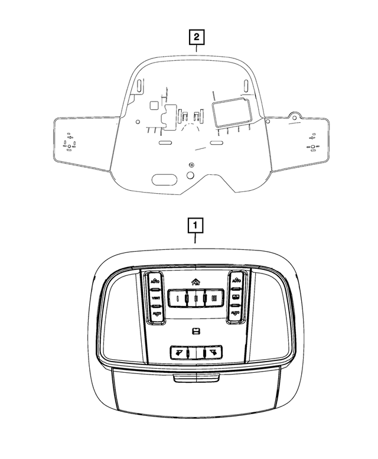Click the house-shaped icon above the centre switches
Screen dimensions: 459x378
pos(195,282)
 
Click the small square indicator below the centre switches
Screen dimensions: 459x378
pos(195,330)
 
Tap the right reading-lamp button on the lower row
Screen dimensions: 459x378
pos(211,353)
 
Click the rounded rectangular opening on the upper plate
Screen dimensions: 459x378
pos(231,112)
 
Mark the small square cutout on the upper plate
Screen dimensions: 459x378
pos(154,106)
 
